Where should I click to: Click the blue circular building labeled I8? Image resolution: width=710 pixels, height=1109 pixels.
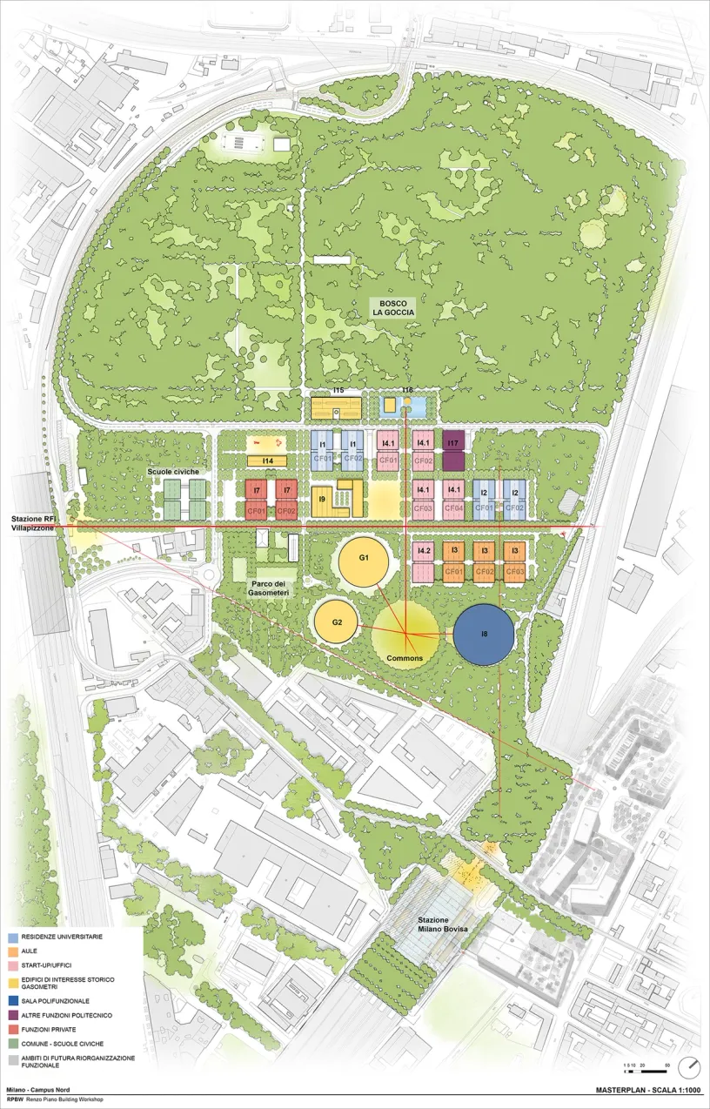coord(485,635)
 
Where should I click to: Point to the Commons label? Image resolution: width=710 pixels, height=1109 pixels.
coord(404,658)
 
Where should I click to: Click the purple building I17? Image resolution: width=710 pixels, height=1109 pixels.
coord(453,451)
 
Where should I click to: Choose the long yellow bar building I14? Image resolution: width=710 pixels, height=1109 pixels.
coord(268,460)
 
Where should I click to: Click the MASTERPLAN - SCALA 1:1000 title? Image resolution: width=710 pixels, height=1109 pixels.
coord(648,1090)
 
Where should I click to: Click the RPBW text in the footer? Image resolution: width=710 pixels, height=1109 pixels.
coord(15,1100)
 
